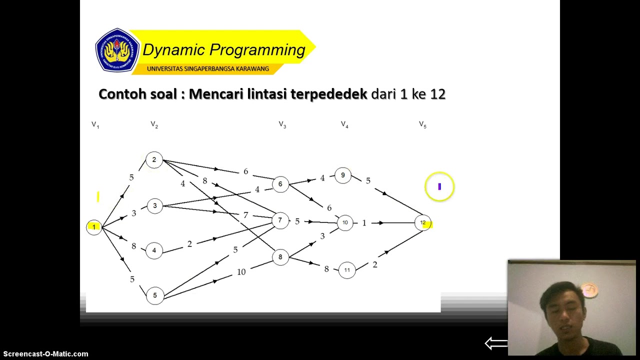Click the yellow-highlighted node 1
point(93,227)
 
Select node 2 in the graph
point(154,160)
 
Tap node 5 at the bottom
point(155,295)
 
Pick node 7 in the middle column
point(280,220)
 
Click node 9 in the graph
point(343,175)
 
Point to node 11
point(347,270)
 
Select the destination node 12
point(423,222)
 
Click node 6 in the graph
point(280,184)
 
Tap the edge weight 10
point(241,272)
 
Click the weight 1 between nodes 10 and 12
point(364,223)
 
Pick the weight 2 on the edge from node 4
point(189,244)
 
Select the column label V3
point(282,124)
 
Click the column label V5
point(422,124)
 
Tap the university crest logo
point(117,50)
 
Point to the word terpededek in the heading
point(328,94)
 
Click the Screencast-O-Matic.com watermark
point(45,354)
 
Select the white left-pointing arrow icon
point(496,343)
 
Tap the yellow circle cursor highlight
point(439,186)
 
